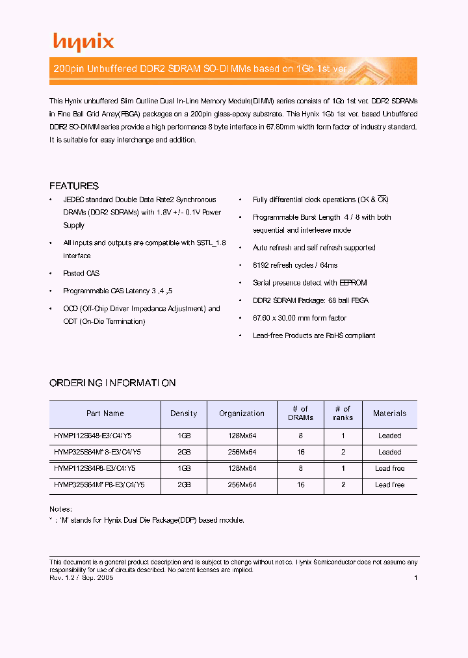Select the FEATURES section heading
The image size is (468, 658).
[74, 186]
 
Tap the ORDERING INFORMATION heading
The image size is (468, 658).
[112, 383]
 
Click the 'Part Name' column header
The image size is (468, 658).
[105, 414]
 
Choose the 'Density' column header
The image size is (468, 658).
[183, 414]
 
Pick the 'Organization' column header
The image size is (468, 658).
[242, 414]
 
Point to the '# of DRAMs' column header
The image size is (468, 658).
[300, 414]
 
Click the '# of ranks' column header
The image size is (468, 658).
[343, 414]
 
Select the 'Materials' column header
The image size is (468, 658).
[389, 414]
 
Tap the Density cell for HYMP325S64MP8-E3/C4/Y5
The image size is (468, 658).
[183, 484]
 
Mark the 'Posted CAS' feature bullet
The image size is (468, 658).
[81, 274]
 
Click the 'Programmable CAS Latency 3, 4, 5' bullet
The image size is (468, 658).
[118, 291]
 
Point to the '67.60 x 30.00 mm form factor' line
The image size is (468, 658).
[300, 318]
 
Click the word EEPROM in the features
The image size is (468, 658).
[354, 283]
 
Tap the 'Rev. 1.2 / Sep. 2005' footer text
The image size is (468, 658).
[82, 577]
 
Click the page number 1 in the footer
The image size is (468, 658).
[415, 577]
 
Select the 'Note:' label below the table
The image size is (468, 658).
[60, 509]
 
